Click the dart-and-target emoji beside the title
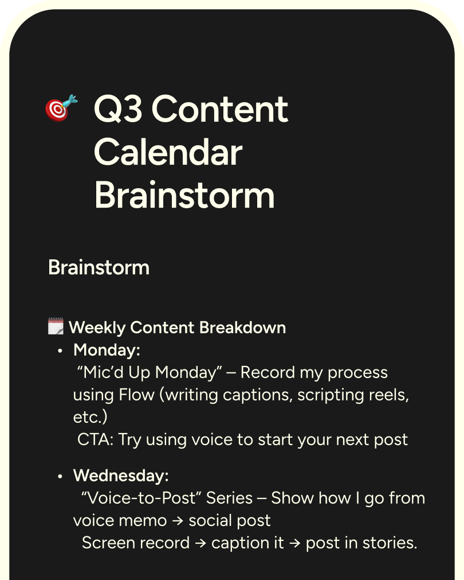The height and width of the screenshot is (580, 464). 61,108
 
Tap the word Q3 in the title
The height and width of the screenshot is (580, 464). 119,109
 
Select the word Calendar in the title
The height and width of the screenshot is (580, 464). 168,153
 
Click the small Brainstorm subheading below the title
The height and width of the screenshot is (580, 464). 99,267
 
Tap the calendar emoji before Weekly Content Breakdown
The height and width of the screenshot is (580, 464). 56,328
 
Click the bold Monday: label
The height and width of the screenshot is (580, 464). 107,350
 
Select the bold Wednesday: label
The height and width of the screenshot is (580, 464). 121,476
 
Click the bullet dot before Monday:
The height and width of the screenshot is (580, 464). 60,351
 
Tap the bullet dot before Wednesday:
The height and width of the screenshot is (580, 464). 60,476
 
